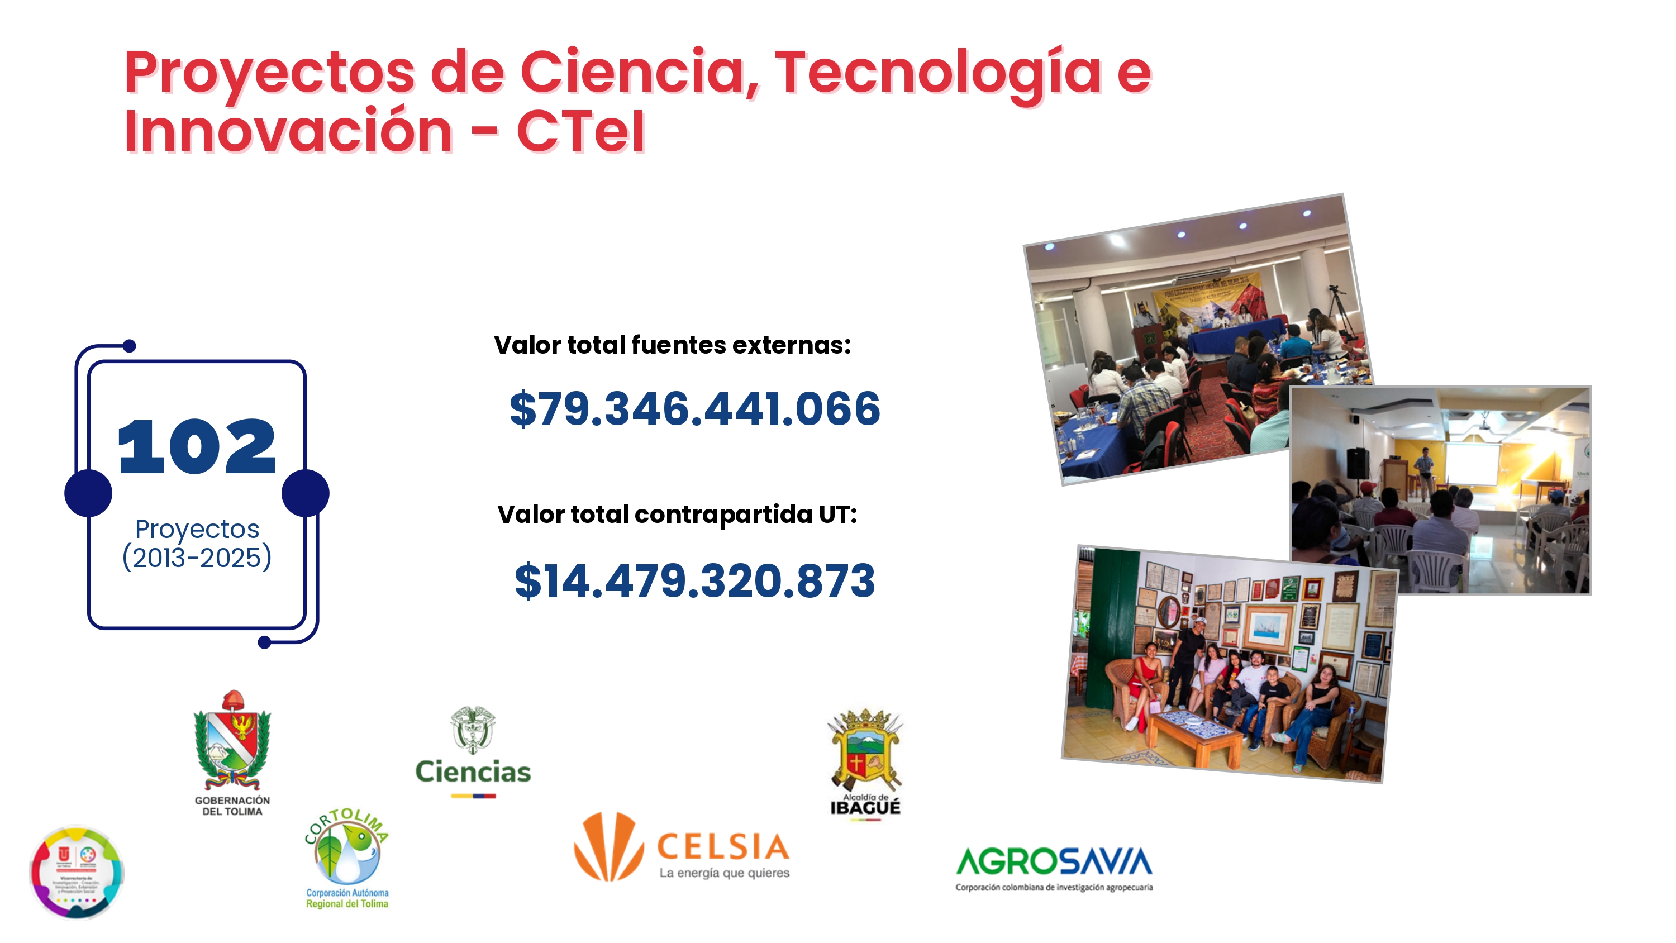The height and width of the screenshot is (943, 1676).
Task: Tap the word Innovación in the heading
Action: [x=288, y=131]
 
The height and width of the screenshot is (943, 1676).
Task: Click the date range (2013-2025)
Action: [x=197, y=558]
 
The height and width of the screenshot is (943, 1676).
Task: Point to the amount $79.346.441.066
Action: [x=694, y=409]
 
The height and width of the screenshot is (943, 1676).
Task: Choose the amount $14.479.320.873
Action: [x=694, y=580]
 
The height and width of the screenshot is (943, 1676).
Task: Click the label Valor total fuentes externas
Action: [x=672, y=345]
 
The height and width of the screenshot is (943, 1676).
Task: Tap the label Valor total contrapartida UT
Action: [x=677, y=514]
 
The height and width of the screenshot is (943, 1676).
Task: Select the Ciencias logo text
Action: [x=473, y=772]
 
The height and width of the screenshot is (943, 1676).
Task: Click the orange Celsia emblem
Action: [x=608, y=846]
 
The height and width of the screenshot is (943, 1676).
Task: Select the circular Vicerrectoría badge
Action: [x=77, y=872]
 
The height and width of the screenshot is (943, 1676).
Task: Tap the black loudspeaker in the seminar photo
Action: [x=1356, y=463]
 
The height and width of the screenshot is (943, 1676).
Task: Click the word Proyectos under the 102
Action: [x=197, y=529]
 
